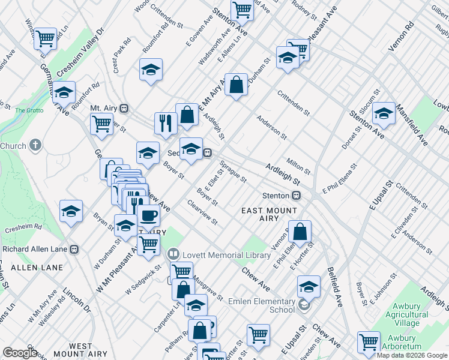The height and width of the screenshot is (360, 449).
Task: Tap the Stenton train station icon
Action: coord(296,196)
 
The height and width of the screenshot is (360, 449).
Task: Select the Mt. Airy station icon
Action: coord(124,109)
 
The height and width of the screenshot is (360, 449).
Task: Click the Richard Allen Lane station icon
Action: coord(74,249)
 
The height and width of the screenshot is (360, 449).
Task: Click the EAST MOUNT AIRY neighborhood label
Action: coord(269,214)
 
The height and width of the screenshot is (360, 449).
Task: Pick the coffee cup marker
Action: coord(148,215)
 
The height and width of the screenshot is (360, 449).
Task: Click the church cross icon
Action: coord(35,145)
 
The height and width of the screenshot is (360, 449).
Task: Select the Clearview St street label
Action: coord(202,214)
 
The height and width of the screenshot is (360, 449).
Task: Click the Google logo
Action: coord(20,353)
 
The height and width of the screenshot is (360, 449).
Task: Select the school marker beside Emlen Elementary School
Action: coord(309,286)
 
